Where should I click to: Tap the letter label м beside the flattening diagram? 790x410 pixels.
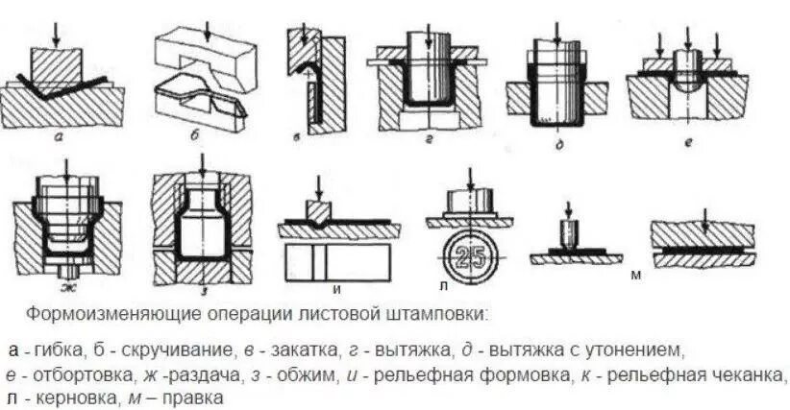[x=635, y=276]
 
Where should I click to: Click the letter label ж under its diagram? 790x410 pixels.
[x=64, y=287]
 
